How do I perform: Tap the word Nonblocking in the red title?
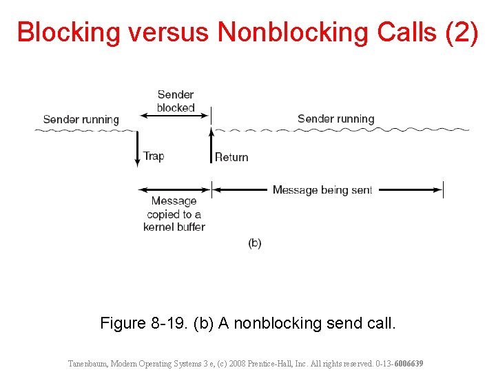point(292,33)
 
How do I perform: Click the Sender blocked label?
point(176,101)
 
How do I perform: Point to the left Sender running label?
point(81,119)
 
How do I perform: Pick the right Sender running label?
point(335,118)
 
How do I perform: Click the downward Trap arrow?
point(138,149)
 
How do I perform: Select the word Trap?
point(154,156)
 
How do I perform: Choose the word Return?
point(231,157)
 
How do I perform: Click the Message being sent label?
point(322,189)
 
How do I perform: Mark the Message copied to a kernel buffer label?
point(174,214)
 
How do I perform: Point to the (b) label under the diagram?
point(255,242)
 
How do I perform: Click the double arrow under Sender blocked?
point(175,114)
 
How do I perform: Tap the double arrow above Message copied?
point(175,189)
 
